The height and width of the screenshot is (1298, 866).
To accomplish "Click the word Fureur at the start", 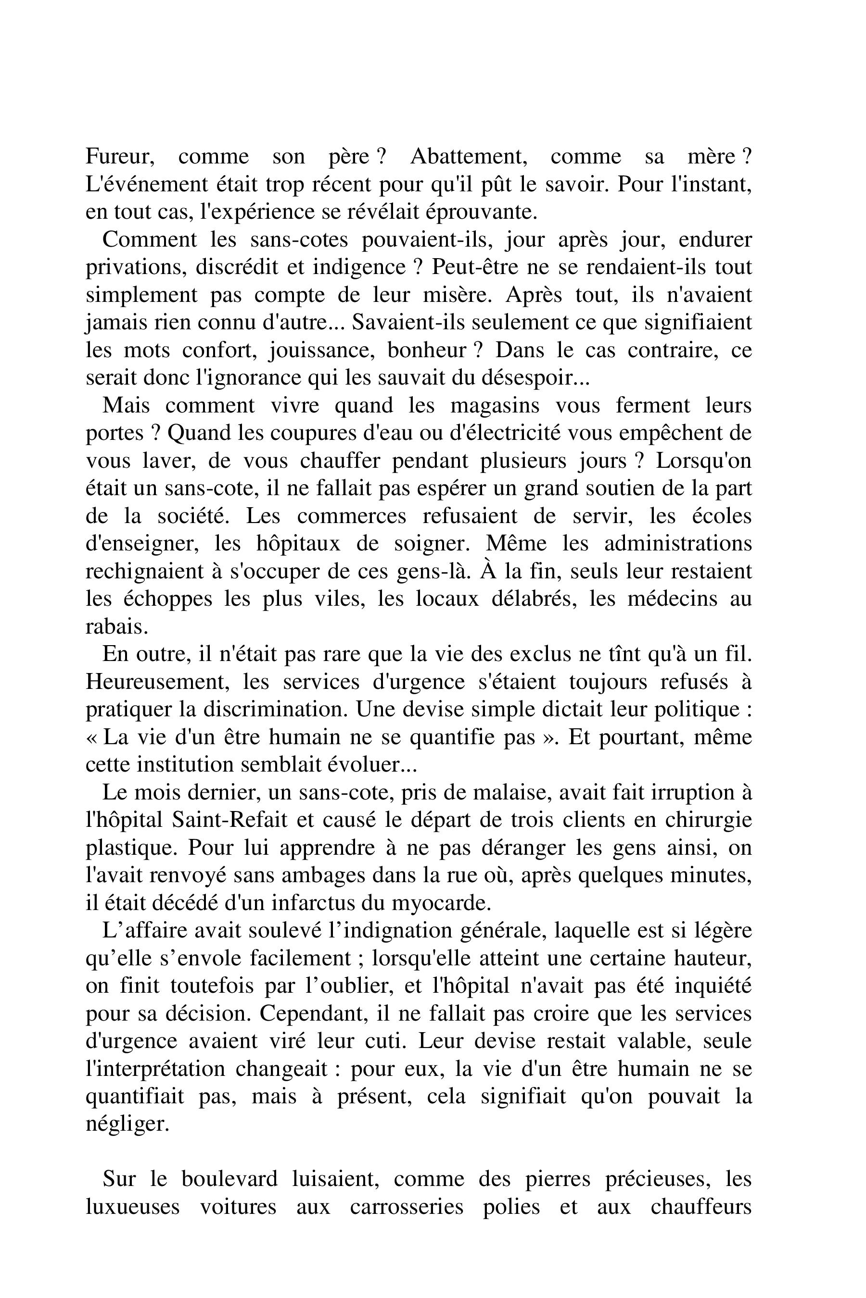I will pyautogui.click(x=120, y=157).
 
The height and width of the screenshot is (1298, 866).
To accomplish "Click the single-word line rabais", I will pyautogui.click(x=117, y=627).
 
